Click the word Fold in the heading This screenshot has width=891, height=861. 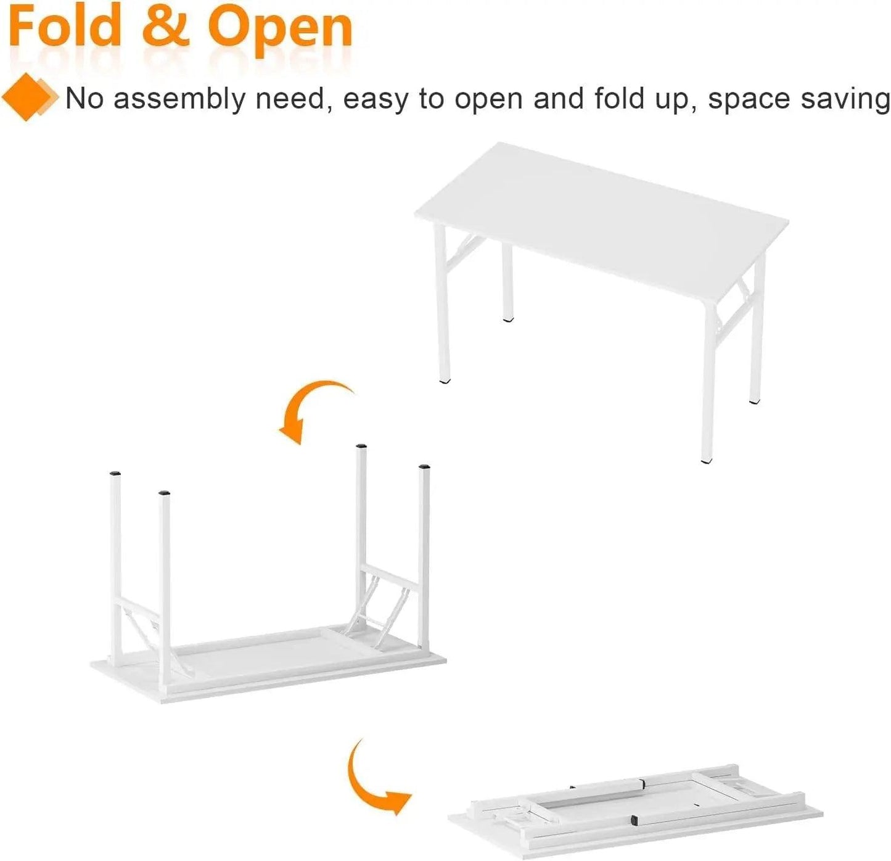tap(65, 28)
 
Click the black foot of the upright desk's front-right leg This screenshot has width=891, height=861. tap(706, 461)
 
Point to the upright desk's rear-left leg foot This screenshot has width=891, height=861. tap(507, 319)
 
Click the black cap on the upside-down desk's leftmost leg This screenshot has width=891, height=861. tap(115, 472)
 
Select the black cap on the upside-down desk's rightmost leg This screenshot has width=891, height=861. tap(425, 466)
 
